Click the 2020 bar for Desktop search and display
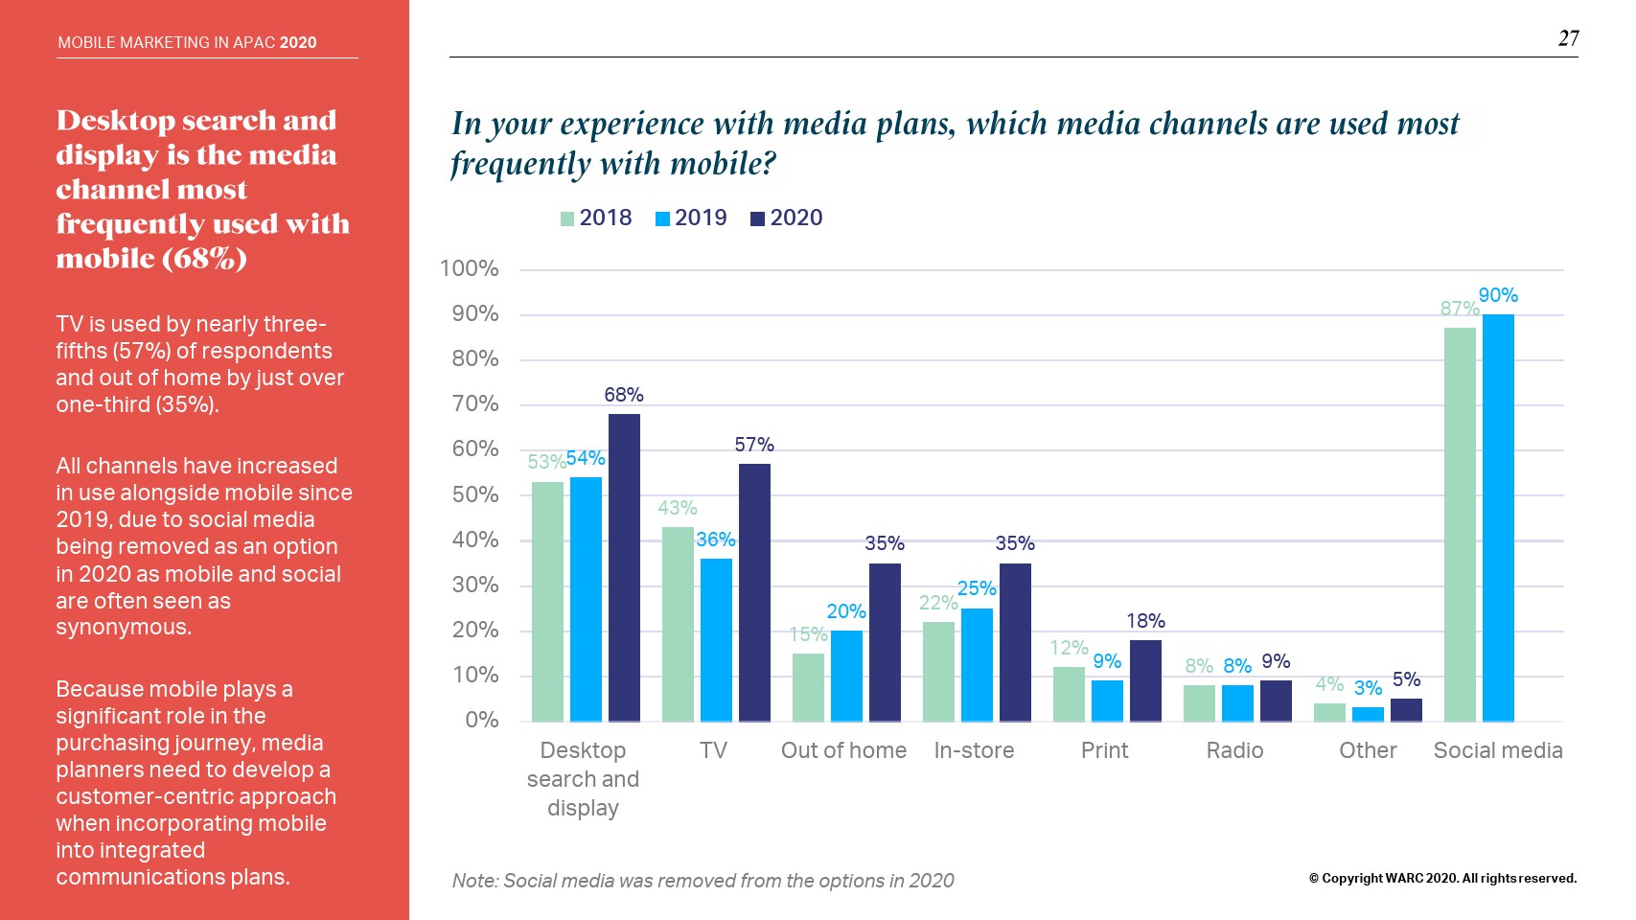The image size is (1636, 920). coord(624,567)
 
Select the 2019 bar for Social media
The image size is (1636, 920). coord(1498,517)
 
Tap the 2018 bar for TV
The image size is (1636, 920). coord(678,624)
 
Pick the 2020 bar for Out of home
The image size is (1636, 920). coord(885,642)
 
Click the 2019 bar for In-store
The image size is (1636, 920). coord(977,664)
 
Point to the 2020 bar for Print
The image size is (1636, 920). coord(1145,680)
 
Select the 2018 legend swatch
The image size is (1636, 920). coord(567,219)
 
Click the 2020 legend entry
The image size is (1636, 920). coord(787,218)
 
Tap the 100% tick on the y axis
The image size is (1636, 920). coord(469,268)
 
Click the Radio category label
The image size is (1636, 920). coord(1234,750)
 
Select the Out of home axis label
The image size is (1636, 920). coord(843,750)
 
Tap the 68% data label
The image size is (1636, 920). coord(624,395)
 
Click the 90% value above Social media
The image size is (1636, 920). coord(1498,295)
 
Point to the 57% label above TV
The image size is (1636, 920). coord(754,445)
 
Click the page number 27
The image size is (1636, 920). coord(1568,38)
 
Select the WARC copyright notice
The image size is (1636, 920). coord(1442,878)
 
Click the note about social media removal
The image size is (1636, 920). coord(703,881)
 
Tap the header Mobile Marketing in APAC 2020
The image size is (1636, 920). coord(187,42)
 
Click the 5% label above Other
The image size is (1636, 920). coord(1406,679)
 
